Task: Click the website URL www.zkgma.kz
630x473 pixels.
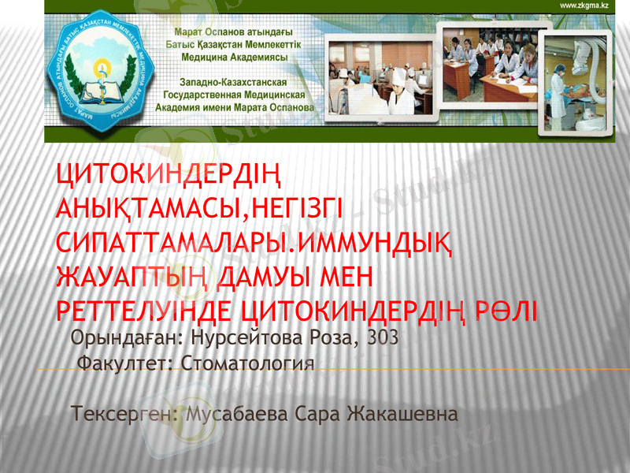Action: coord(584,6)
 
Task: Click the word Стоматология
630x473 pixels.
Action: coord(248,364)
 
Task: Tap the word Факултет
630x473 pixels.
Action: coord(127,364)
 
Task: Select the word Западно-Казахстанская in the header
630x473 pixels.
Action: coord(232,82)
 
